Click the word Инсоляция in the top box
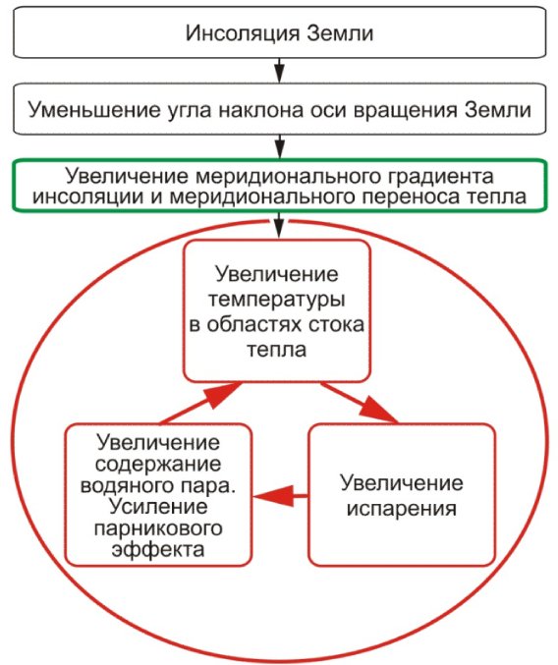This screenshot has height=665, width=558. click(x=242, y=33)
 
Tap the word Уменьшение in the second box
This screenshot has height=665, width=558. click(x=94, y=110)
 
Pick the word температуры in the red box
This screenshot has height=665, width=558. click(x=276, y=300)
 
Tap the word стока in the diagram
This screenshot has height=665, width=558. click(x=335, y=325)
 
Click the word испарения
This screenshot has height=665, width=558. click(x=402, y=509)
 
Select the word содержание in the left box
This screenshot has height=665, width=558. click(x=158, y=464)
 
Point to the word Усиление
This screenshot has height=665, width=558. click(x=158, y=507)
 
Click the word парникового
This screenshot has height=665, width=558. click(x=158, y=528)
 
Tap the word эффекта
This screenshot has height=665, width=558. click(x=158, y=550)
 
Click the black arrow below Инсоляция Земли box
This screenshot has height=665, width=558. click(x=279, y=69)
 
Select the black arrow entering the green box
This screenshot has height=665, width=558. click(x=279, y=146)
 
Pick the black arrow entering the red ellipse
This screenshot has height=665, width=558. click(x=279, y=224)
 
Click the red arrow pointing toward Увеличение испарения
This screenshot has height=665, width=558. click(x=360, y=403)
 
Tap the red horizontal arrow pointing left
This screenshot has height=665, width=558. click(x=281, y=495)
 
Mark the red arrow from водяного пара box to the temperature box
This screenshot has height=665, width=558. click(x=201, y=403)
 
